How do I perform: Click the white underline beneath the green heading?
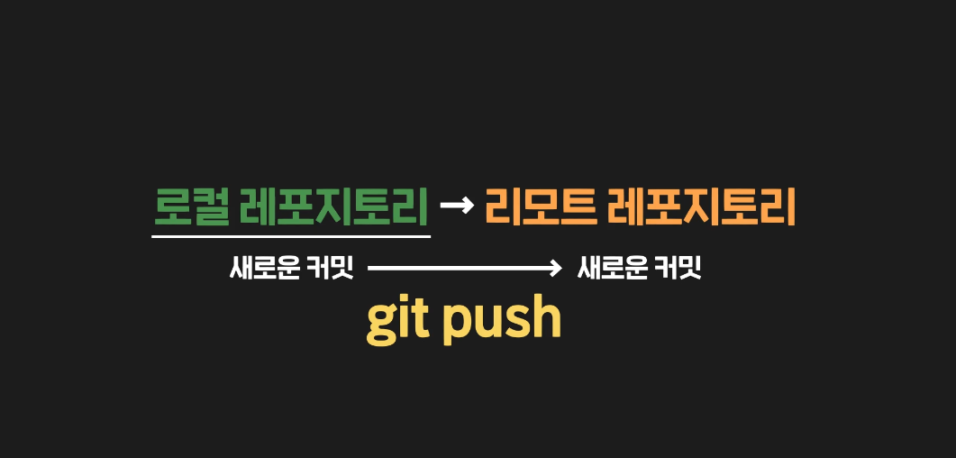291,236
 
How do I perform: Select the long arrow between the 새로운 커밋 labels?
464,268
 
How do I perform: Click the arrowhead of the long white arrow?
557,268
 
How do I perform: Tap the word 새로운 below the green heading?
266,268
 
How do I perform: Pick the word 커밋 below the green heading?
334,268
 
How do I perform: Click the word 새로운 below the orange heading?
612,268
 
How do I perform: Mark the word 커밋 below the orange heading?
680,268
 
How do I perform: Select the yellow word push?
502,320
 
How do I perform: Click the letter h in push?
546,317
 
